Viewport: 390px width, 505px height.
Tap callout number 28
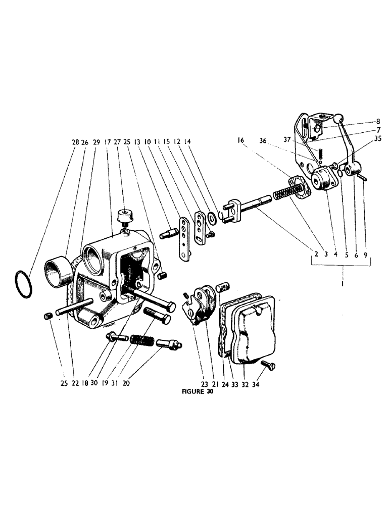pos(75,142)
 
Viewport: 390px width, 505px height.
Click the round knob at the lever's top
pos(338,119)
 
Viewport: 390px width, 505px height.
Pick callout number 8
pos(377,121)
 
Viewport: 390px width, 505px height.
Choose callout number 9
pos(365,255)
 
